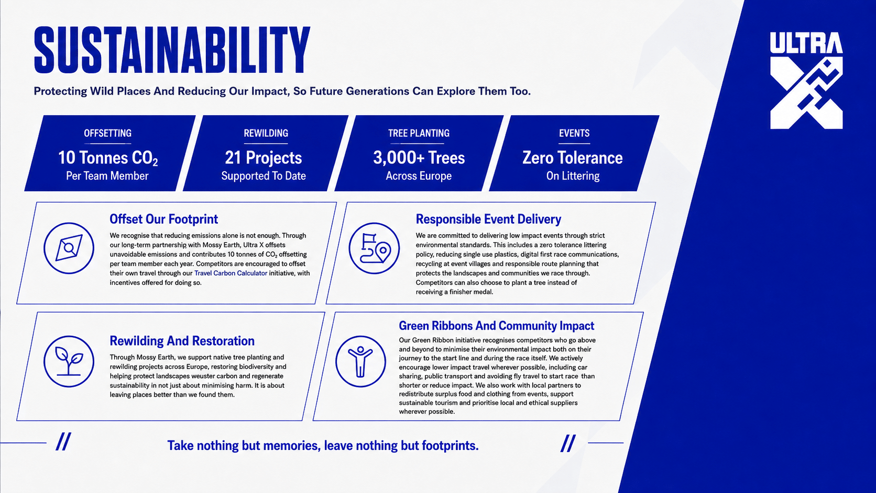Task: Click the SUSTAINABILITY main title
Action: (172, 50)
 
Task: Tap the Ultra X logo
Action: (806, 81)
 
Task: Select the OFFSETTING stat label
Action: (107, 133)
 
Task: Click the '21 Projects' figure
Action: (263, 158)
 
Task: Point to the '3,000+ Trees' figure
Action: (419, 158)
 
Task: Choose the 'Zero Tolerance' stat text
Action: (573, 158)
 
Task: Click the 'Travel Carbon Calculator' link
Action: (231, 273)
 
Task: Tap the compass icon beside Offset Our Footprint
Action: (69, 248)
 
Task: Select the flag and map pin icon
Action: (374, 248)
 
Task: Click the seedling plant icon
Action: (69, 361)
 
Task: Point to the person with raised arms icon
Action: (360, 361)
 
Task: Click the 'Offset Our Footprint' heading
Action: (164, 220)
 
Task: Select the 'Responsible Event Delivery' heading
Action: (488, 220)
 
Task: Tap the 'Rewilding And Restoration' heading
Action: (182, 341)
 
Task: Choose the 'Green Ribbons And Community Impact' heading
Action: (496, 326)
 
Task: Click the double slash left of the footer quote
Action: (63, 442)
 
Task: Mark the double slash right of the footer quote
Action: (568, 443)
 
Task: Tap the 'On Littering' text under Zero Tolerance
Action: (573, 176)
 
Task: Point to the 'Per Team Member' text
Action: (107, 176)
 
